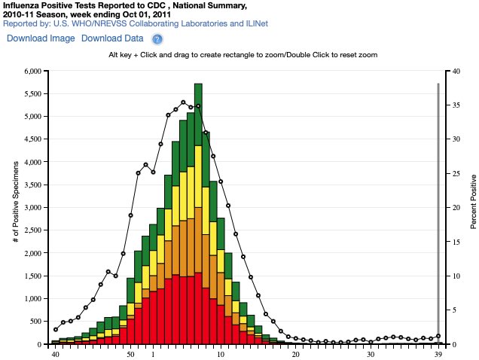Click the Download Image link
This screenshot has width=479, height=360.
41,38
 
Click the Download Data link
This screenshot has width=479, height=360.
112,38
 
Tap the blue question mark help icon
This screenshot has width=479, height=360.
157,39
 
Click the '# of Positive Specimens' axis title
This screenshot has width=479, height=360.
16,208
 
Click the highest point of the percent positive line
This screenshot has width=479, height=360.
183,102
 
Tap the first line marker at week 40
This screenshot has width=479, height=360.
56,330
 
